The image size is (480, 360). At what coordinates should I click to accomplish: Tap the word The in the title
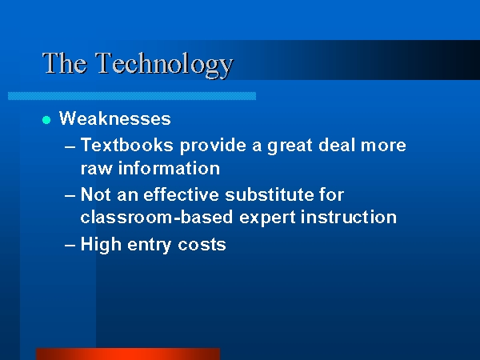pos(65,63)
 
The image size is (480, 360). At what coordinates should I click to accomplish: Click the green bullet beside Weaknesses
pos(46,120)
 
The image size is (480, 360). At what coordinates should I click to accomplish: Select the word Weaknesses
pos(114,118)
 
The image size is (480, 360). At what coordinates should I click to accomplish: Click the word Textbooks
pos(126,145)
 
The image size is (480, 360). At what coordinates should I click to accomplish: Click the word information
pos(169,168)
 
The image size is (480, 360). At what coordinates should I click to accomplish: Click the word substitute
pos(270,194)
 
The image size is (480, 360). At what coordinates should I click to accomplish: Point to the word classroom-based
pos(157,217)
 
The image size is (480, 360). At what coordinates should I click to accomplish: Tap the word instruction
pos(349,217)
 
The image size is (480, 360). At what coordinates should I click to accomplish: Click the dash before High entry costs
pos(70,246)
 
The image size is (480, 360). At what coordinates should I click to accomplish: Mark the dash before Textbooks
pos(70,147)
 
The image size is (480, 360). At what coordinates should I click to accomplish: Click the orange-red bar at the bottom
pos(128,354)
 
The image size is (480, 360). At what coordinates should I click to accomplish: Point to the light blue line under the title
pos(132,96)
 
